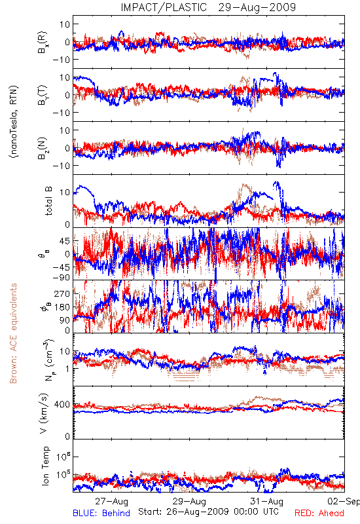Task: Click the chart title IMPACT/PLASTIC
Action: click(x=164, y=7)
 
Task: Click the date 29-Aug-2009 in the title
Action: click(x=257, y=7)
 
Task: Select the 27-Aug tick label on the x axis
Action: click(x=111, y=501)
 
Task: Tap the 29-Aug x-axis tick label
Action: click(x=189, y=501)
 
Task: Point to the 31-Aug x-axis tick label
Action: click(x=267, y=501)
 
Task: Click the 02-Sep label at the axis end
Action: click(x=344, y=501)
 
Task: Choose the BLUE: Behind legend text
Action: click(x=101, y=513)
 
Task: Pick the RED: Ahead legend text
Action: click(x=319, y=513)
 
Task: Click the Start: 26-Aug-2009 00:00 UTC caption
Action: click(x=208, y=512)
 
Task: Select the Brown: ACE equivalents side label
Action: click(x=13, y=333)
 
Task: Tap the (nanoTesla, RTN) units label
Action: click(x=14, y=121)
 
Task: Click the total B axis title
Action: click(x=48, y=201)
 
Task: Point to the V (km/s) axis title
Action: click(x=44, y=413)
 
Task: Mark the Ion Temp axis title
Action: click(x=45, y=466)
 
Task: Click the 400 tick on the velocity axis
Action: click(x=62, y=404)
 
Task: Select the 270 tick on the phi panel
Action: click(x=62, y=293)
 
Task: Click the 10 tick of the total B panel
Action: click(x=65, y=193)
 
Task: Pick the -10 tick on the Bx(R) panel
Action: click(x=61, y=60)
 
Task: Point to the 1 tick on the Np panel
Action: click(x=68, y=369)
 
